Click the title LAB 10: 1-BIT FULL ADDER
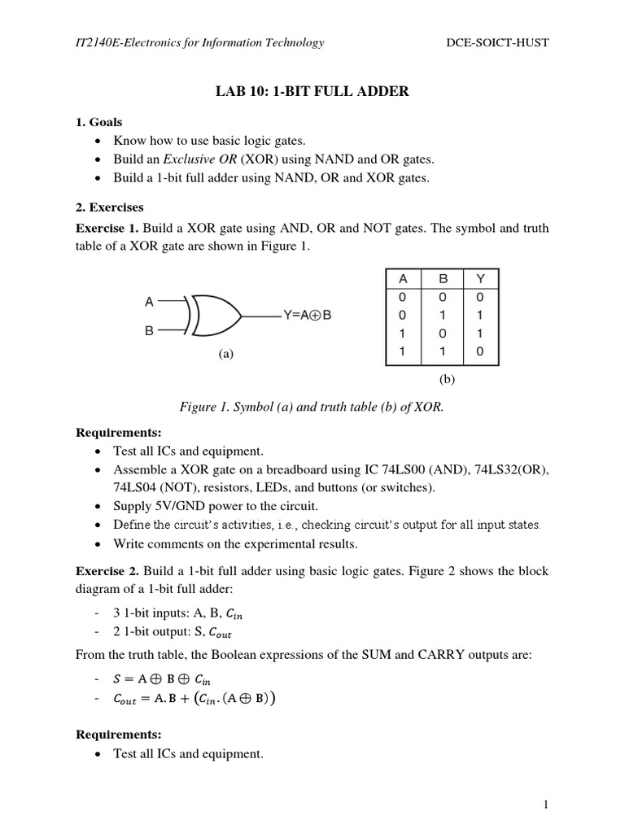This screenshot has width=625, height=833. tap(312, 92)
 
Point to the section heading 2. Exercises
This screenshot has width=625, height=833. tap(109, 207)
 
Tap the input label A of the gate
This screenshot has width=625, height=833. tap(149, 302)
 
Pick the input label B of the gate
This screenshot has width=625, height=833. tap(149, 331)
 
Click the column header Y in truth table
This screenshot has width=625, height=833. tap(479, 279)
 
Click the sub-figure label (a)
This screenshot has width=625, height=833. tap(226, 355)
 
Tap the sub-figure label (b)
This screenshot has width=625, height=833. tap(447, 378)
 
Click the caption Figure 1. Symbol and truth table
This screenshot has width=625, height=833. tap(312, 407)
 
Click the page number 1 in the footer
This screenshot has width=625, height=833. tap(546, 805)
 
